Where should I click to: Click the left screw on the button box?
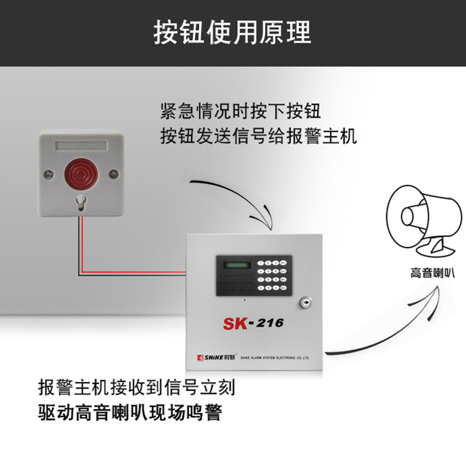[x=48, y=173]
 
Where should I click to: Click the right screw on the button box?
[x=114, y=173]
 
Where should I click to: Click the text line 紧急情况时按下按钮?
[x=240, y=111]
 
